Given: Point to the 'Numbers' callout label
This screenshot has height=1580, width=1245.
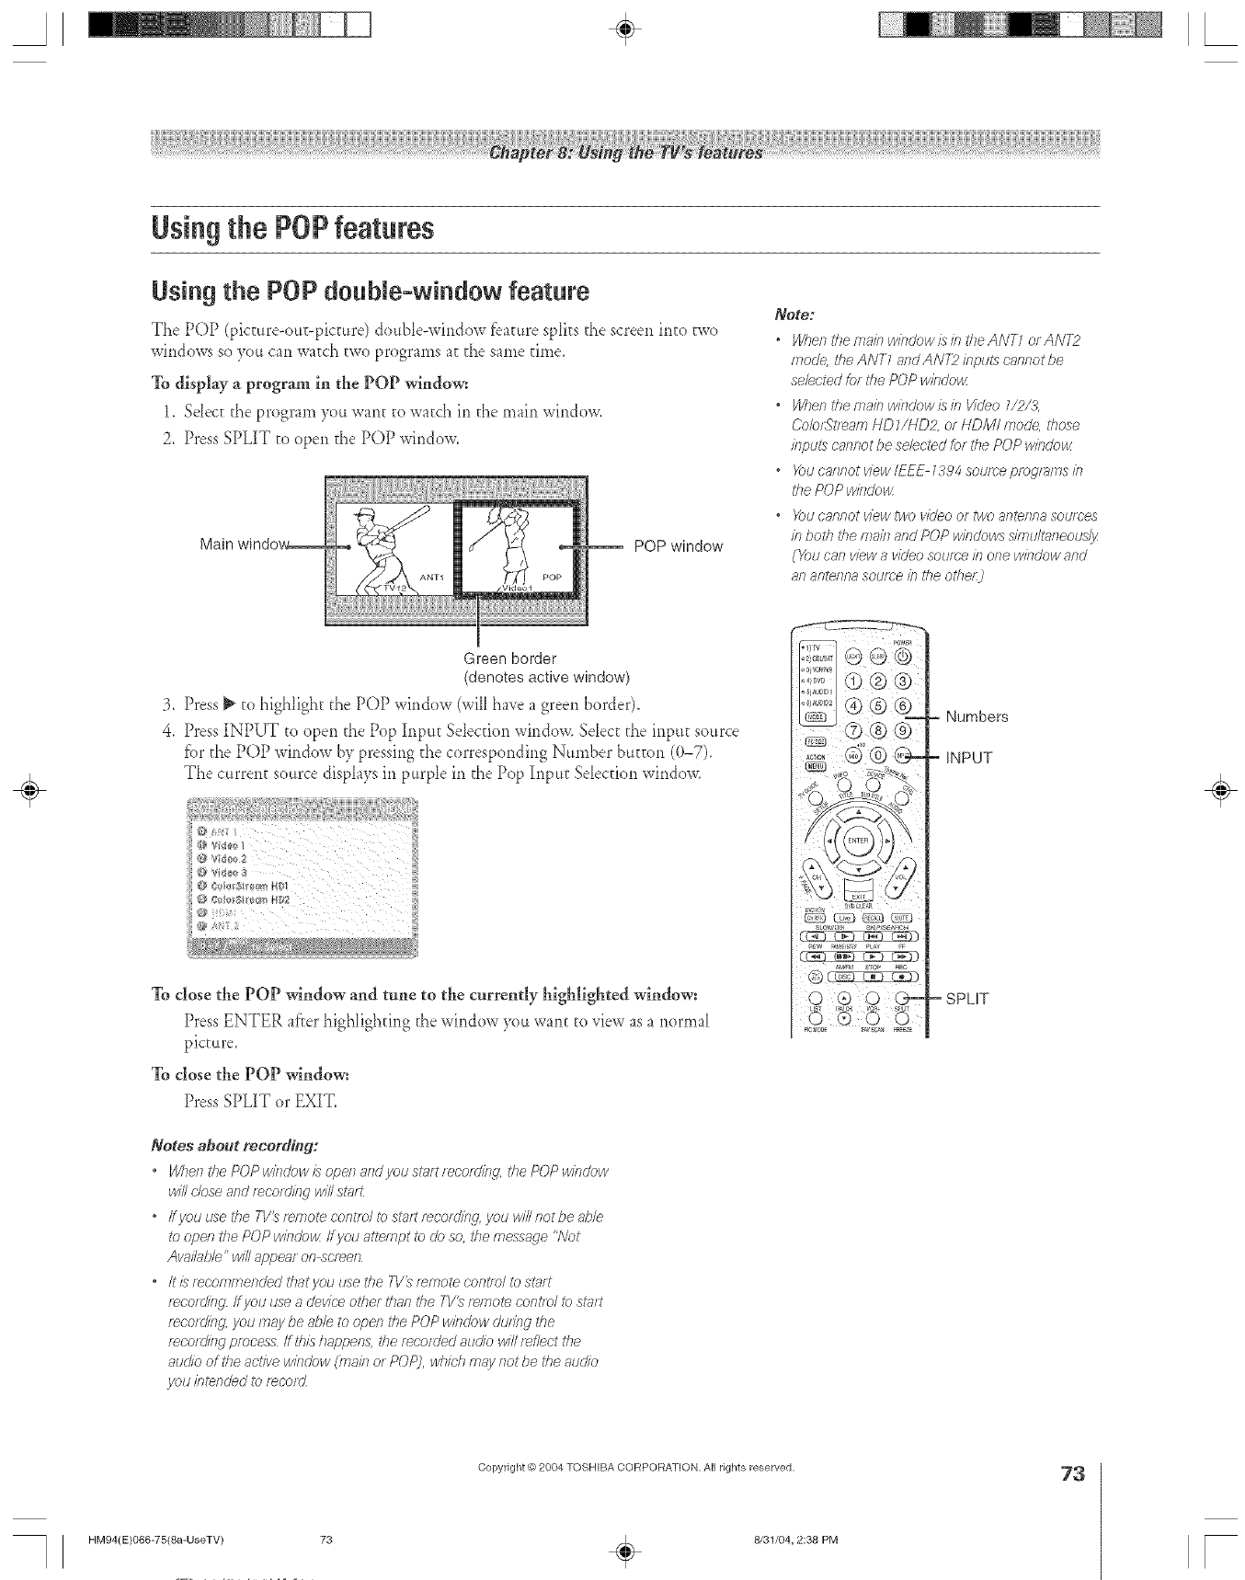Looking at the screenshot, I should click(977, 716).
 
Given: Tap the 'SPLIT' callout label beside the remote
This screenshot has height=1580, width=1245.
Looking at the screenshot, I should click(966, 999).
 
